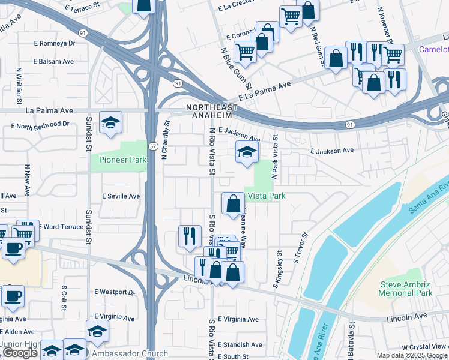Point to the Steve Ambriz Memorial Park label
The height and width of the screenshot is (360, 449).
coord(406,289)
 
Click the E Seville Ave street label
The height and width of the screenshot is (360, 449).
coord(121,196)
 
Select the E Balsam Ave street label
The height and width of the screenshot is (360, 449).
coord(53,61)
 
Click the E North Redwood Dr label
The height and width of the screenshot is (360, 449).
coord(40,125)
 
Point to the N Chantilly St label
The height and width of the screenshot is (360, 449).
coord(166,140)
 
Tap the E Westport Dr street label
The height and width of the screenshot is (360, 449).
coord(115,292)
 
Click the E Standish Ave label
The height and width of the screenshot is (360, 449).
coord(240,344)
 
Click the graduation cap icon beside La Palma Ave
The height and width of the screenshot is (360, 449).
coord(111,123)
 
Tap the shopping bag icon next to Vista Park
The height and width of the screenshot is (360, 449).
coord(233,204)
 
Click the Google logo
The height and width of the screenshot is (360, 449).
coord(20,353)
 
